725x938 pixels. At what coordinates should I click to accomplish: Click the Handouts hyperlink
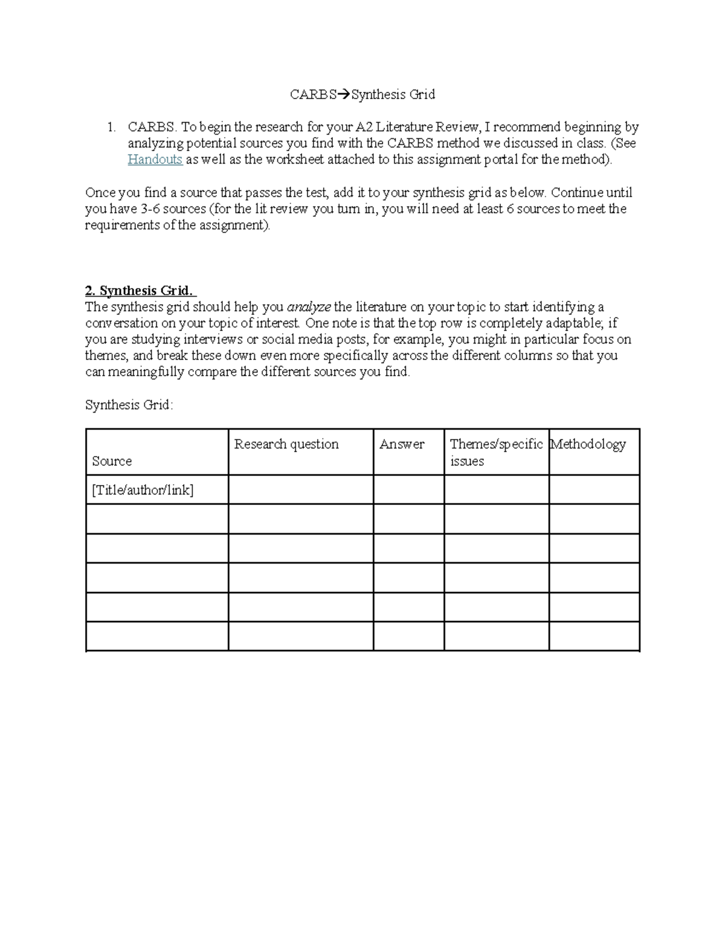tap(155, 159)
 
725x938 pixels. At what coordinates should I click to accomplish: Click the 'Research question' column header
tap(286, 445)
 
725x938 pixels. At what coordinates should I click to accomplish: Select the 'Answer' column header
tap(402, 445)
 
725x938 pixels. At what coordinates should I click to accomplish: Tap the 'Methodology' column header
tap(588, 445)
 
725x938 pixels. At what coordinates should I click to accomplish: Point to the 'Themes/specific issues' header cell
tap(496, 452)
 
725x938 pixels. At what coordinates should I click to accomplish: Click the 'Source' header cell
tap(112, 461)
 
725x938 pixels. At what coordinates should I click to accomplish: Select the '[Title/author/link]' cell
tap(143, 490)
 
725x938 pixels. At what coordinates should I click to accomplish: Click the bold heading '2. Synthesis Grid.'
tap(141, 291)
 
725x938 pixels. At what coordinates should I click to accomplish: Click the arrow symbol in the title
tap(344, 95)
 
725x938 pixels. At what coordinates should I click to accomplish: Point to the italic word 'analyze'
tap(309, 307)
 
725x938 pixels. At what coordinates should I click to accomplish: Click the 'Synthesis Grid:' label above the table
tap(129, 405)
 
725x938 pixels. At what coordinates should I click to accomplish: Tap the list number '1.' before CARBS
tap(111, 127)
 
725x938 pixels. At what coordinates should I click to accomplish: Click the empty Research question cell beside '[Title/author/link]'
tap(300, 490)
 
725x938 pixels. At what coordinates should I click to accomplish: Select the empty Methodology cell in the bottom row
tap(594, 637)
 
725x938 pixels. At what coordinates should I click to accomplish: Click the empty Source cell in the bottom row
tap(157, 637)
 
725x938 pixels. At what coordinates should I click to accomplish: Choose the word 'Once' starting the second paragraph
tap(100, 193)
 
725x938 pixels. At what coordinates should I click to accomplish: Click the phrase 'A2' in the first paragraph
tap(364, 127)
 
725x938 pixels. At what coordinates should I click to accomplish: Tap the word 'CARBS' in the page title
tap(313, 95)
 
